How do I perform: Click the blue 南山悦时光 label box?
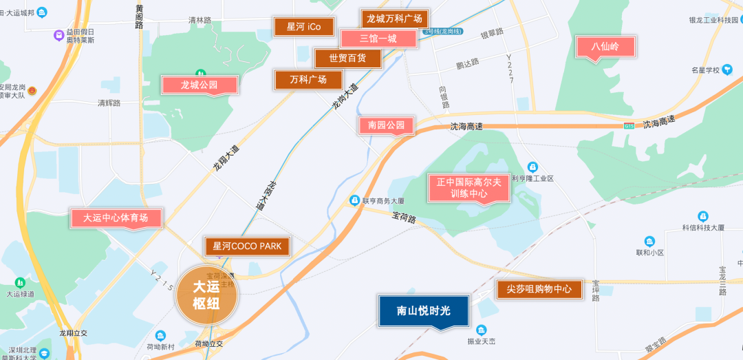click(424, 311)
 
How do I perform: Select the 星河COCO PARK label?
click(247, 246)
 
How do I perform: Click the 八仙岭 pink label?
click(605, 47)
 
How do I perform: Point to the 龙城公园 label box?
click(200, 85)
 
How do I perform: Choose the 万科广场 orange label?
click(308, 80)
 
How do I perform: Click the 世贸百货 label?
click(347, 58)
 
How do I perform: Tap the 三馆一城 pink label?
click(378, 39)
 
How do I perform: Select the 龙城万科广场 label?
click(394, 19)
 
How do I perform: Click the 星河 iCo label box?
click(304, 27)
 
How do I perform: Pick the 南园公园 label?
click(386, 125)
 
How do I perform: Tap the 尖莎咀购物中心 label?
click(539, 289)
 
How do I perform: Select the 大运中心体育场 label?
click(116, 218)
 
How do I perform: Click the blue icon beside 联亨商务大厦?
click(354, 200)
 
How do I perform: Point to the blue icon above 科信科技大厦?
click(702, 216)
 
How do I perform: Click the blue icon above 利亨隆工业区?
click(532, 167)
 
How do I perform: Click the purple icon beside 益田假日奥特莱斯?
click(59, 35)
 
